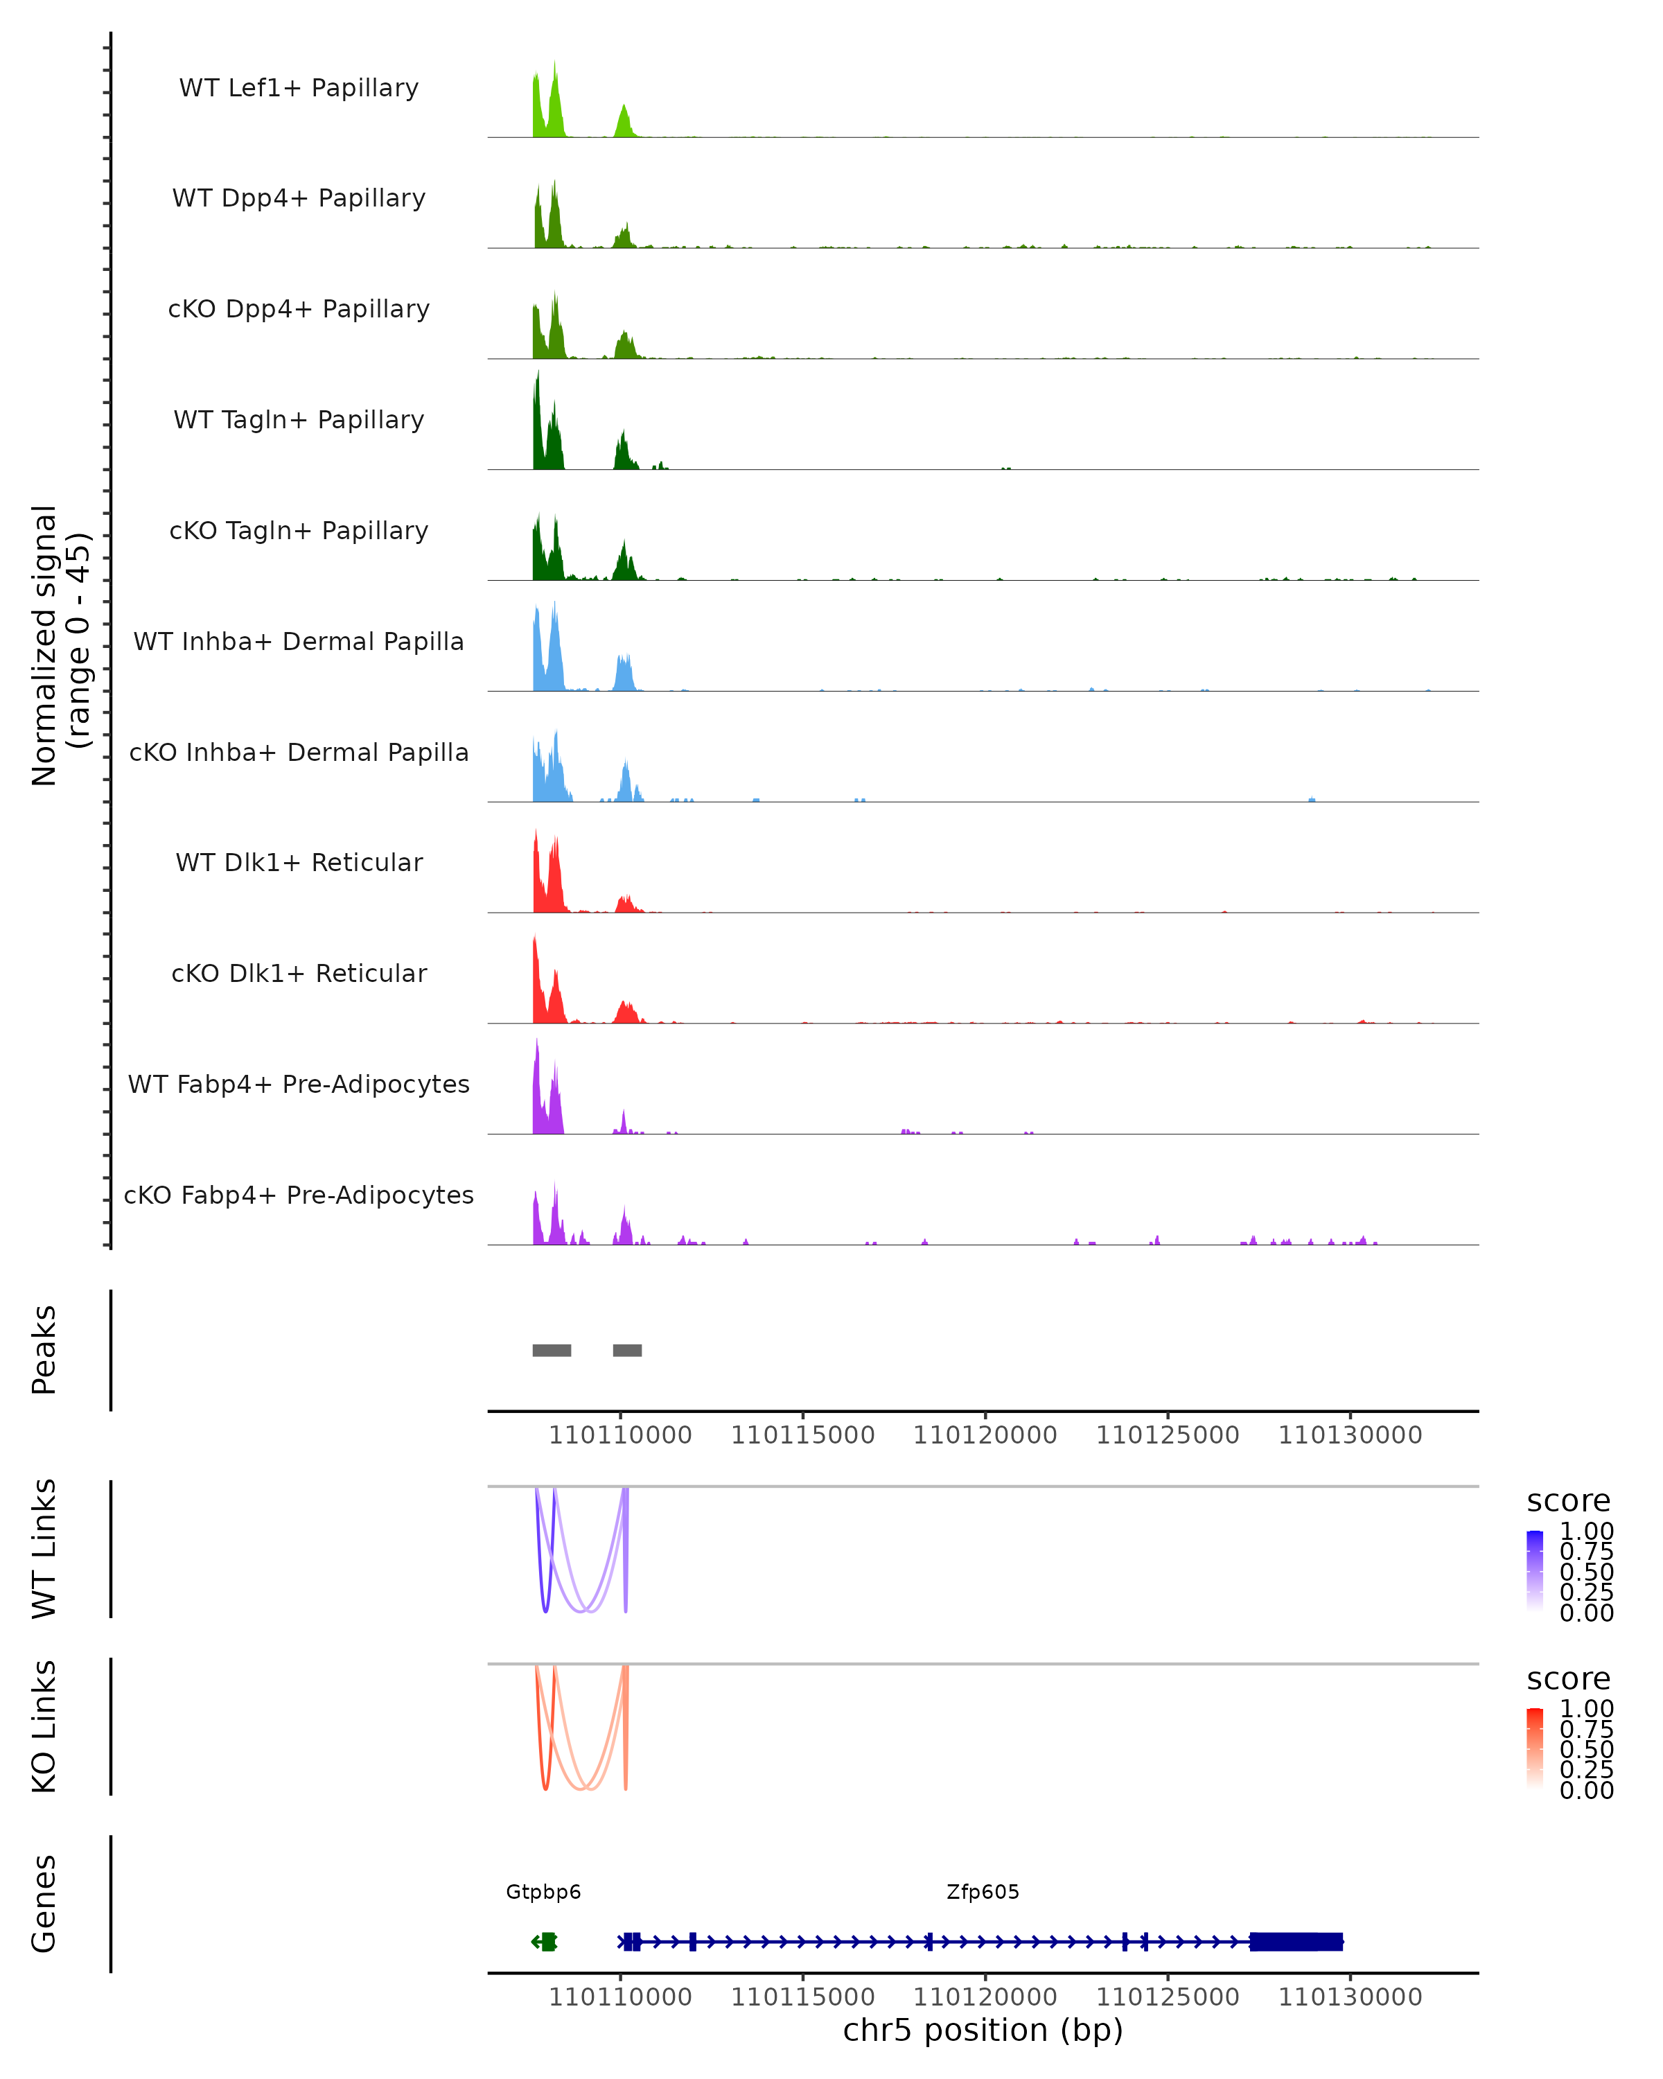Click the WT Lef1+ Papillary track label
point(299,88)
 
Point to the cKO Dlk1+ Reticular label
point(299,973)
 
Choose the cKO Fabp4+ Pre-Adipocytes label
point(299,1195)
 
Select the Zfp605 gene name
point(983,1892)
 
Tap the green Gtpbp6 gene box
point(547,1941)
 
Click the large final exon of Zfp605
point(1296,1941)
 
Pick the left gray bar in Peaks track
point(552,1350)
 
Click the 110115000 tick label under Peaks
point(802,1435)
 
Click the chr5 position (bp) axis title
point(983,2030)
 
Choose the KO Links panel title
point(44,1726)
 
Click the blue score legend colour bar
point(1535,1569)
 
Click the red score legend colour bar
point(1535,1747)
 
